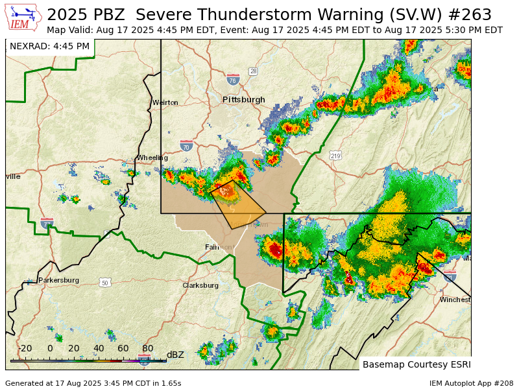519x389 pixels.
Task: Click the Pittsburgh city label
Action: (244, 100)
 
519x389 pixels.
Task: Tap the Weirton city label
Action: (165, 102)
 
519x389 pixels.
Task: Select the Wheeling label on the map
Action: (152, 158)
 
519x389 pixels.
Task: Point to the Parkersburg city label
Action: (58, 280)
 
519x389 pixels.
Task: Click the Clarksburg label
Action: (200, 285)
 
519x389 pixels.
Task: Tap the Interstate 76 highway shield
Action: (233, 80)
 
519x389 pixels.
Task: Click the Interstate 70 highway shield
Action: (186, 146)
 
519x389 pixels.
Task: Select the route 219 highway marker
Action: (335, 156)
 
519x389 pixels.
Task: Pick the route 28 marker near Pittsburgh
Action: (253, 71)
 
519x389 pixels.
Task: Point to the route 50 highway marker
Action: (105, 283)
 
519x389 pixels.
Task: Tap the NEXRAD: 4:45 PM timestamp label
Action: (49, 46)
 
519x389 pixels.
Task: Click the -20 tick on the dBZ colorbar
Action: (25, 348)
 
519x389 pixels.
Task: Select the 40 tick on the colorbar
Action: (99, 348)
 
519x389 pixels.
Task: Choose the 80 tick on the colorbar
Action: (148, 348)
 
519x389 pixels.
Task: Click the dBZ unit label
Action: (175, 355)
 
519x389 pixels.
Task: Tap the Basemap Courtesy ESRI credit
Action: (416, 364)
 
